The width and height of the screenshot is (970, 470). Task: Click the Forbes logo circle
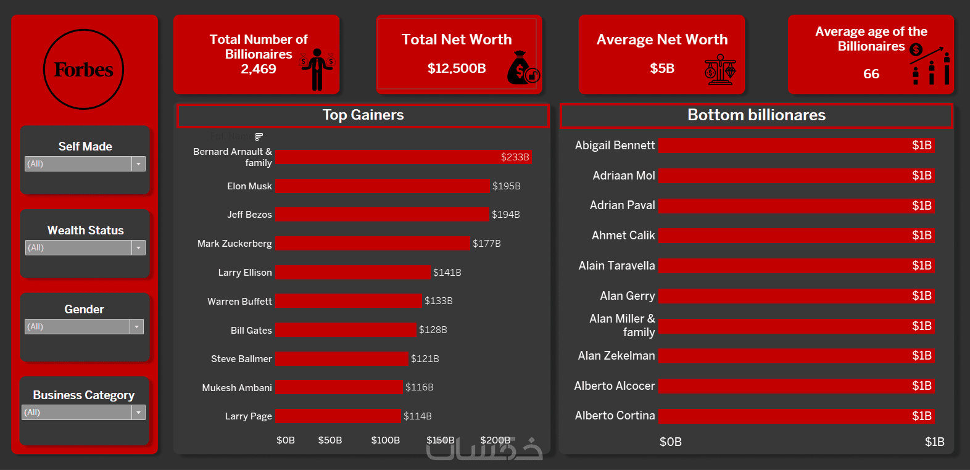point(83,70)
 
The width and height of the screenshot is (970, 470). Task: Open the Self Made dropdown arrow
point(139,164)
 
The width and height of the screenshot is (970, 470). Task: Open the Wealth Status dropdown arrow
point(139,248)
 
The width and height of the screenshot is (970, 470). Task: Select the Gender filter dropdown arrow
point(137,327)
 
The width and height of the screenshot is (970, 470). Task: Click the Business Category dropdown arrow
point(139,413)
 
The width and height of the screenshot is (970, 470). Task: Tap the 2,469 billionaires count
point(259,69)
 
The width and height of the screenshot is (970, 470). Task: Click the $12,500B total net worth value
point(457,68)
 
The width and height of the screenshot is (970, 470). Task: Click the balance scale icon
point(719,69)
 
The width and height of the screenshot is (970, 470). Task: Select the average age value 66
point(871,74)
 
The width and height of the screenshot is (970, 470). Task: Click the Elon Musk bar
point(382,186)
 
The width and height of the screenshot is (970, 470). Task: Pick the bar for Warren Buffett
point(348,301)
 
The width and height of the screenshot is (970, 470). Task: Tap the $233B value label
point(515,157)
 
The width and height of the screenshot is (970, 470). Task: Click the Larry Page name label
point(248,416)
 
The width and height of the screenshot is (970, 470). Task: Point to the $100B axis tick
point(385,440)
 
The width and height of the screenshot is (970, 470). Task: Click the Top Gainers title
point(363,115)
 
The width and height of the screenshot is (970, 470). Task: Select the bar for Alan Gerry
point(796,296)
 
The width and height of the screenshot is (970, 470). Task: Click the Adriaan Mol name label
point(623,176)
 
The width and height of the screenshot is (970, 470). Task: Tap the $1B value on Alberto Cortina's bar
point(921,416)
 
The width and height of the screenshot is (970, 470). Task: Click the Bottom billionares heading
point(756,115)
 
